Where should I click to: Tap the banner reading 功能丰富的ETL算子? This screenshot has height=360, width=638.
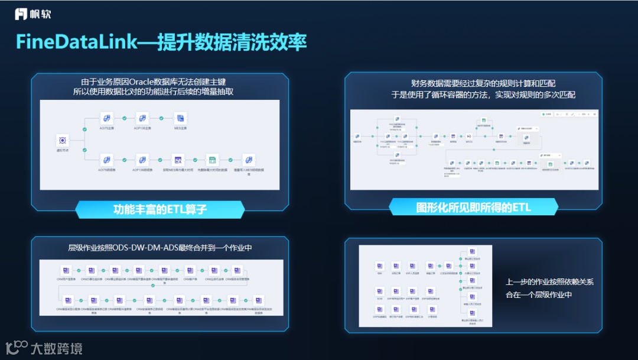pos(160,209)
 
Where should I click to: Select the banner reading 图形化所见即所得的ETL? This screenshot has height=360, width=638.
pos(473,206)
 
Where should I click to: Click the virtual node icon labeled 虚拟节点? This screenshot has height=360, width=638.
pos(62,140)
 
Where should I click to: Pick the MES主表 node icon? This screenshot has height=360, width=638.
pos(180,118)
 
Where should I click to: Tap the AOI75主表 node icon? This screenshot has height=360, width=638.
pos(107,118)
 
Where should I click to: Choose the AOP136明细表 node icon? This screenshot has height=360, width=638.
pos(142,160)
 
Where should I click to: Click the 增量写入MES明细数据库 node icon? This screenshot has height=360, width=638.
pos(249,160)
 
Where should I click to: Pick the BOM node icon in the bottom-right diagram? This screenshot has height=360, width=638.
pos(380,291)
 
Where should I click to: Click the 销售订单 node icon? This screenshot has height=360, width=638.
pos(431,266)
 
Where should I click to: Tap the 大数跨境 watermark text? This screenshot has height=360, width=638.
pos(56,348)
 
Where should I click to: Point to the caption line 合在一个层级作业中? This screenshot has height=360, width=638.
pos(539,294)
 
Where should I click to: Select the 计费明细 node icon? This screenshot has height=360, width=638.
pos(432,310)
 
